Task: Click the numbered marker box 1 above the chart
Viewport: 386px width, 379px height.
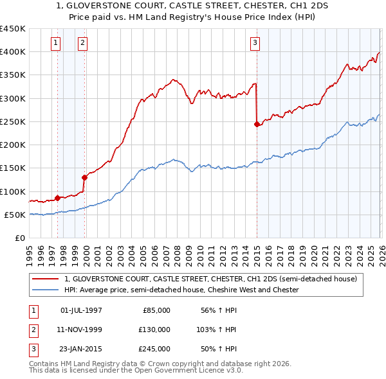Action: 56,43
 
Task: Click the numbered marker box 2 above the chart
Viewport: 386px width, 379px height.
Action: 83,43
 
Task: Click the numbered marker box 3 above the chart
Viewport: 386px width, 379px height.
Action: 255,43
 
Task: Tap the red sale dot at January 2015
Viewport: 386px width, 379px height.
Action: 257,124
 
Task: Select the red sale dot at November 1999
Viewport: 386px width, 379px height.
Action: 84,177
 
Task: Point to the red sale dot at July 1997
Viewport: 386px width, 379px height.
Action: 58,198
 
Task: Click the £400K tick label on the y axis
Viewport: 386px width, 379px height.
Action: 13,52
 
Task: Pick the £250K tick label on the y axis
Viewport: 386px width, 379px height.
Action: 13,121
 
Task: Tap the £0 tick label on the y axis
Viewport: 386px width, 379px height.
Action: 19,238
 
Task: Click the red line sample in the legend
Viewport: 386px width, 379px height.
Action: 46,279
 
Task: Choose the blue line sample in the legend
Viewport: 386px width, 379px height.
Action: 46,290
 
